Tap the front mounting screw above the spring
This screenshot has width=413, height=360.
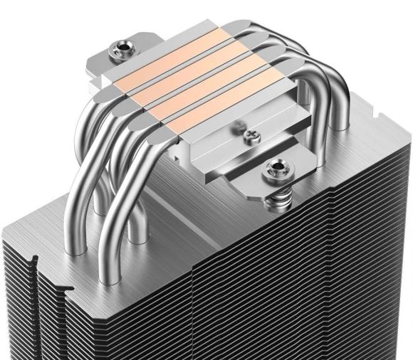click(x=275, y=169)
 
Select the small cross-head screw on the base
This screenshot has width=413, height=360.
click(x=249, y=134)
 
